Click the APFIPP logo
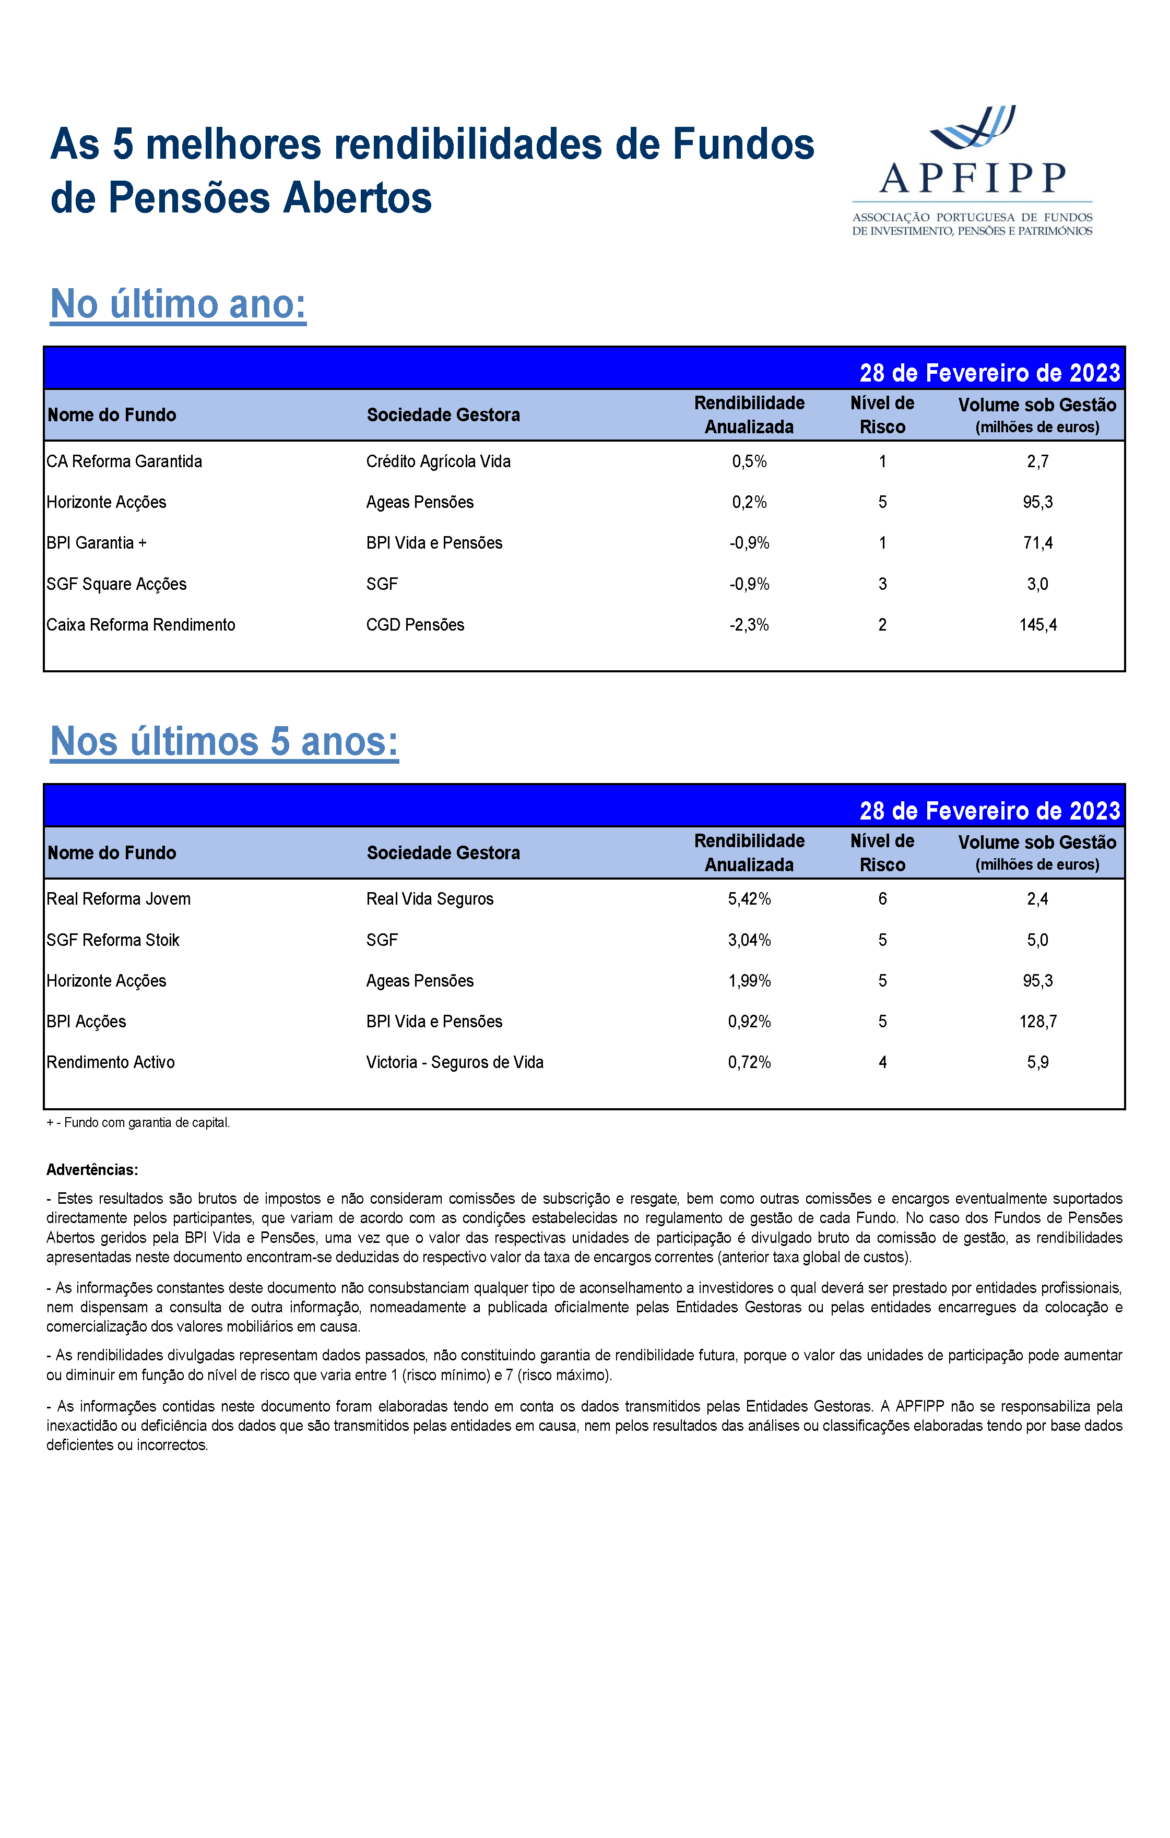click(972, 170)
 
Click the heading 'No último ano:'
click(178, 304)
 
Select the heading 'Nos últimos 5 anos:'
click(224, 741)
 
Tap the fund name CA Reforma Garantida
click(124, 461)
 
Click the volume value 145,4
click(1037, 624)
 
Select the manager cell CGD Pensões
click(415, 624)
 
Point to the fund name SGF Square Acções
click(117, 584)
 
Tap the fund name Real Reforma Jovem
click(119, 898)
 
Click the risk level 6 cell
click(882, 898)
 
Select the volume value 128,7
click(1037, 1021)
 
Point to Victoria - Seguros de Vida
click(455, 1062)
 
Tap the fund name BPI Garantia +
click(97, 543)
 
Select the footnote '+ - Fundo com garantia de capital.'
click(138, 1122)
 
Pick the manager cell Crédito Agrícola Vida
click(438, 461)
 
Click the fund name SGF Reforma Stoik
click(113, 940)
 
